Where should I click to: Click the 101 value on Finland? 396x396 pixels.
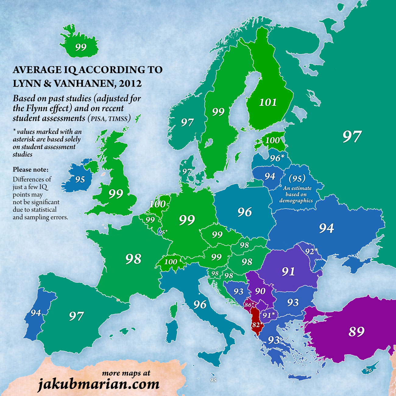pyautogui.click(x=268, y=102)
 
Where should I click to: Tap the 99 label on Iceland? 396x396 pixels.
pyautogui.click(x=81, y=47)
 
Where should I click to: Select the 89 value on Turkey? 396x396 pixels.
pyautogui.click(x=356, y=331)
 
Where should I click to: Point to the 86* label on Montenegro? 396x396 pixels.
pyautogui.click(x=249, y=304)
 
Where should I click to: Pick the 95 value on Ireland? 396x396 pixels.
pyautogui.click(x=80, y=179)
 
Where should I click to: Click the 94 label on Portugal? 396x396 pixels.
pyautogui.click(x=36, y=313)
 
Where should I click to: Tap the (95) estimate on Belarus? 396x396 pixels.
pyautogui.click(x=297, y=178)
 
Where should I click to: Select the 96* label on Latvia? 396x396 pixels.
pyautogui.click(x=277, y=158)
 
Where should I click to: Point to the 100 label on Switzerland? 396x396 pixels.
pyautogui.click(x=171, y=262)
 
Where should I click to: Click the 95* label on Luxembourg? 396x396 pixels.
pyautogui.click(x=163, y=232)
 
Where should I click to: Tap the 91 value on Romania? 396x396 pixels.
pyautogui.click(x=288, y=271)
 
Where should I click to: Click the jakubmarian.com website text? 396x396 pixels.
pyautogui.click(x=98, y=384)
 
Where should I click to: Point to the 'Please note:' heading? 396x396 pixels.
pyautogui.click(x=30, y=170)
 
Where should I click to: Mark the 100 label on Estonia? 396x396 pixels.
pyautogui.click(x=272, y=140)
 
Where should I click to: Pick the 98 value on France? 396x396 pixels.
pyautogui.click(x=133, y=259)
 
